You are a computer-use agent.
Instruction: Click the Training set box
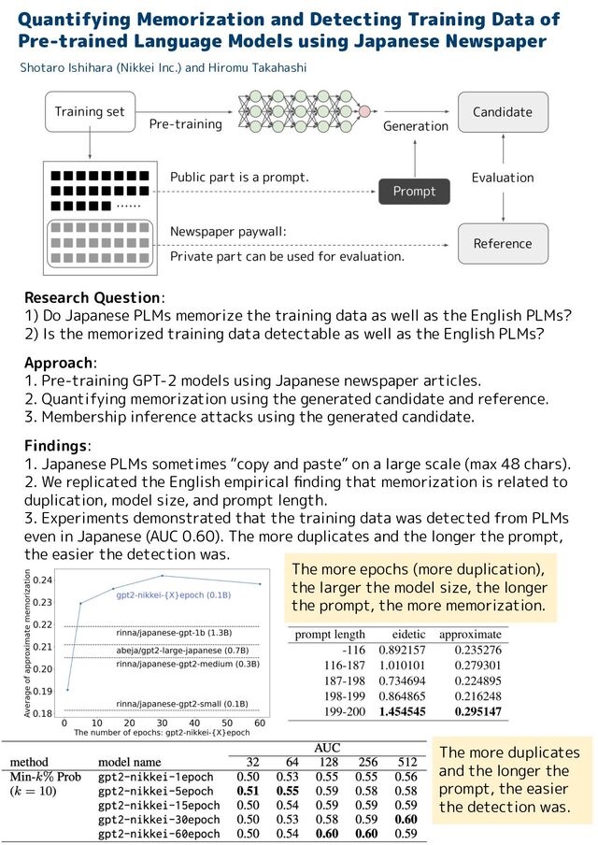(x=90, y=111)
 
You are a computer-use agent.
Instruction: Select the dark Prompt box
(x=414, y=192)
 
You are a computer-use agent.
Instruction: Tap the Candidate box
(x=503, y=112)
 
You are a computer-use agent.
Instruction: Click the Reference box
(x=503, y=244)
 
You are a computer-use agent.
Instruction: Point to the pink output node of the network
(x=364, y=111)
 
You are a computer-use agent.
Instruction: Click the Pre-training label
(x=185, y=124)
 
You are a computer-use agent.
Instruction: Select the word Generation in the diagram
(x=416, y=126)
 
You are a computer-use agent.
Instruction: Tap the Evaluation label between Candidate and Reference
(x=503, y=178)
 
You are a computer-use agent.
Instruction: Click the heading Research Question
(x=93, y=298)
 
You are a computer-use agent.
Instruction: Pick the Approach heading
(x=58, y=363)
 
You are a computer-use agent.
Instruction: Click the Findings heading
(x=55, y=446)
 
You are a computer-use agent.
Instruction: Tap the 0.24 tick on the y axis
(x=43, y=580)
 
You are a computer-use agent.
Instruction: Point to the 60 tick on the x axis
(x=260, y=723)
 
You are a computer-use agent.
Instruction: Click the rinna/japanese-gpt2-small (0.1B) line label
(x=182, y=704)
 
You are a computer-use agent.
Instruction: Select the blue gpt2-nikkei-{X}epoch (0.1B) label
(x=174, y=594)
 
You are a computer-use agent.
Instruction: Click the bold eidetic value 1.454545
(x=402, y=711)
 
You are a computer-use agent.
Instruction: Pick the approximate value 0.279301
(x=477, y=666)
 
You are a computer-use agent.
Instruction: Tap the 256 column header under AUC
(x=367, y=762)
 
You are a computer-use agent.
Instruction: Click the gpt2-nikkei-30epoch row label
(x=159, y=820)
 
